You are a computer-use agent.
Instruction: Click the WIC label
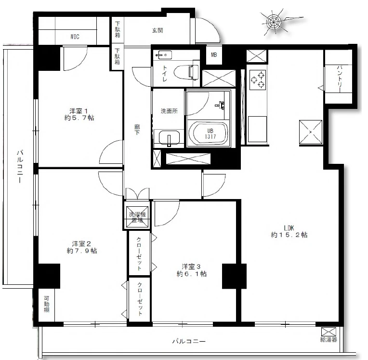(x=75, y=37)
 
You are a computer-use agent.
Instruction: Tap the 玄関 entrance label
(x=157, y=30)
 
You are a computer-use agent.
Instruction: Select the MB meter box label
(x=214, y=55)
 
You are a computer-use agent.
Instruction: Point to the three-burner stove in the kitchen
(x=258, y=80)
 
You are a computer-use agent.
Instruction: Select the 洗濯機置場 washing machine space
(x=137, y=217)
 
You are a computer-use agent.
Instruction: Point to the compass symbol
(x=274, y=22)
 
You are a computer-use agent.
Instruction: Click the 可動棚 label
(x=46, y=304)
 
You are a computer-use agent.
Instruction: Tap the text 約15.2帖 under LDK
(x=289, y=235)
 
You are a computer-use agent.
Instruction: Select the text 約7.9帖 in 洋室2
(x=82, y=251)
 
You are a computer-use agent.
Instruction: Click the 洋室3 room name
(x=191, y=267)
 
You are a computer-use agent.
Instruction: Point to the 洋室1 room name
(x=79, y=111)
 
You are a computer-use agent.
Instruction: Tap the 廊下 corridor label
(x=137, y=130)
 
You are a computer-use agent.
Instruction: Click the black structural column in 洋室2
(x=49, y=276)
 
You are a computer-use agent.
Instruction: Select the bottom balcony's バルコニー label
(x=189, y=341)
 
